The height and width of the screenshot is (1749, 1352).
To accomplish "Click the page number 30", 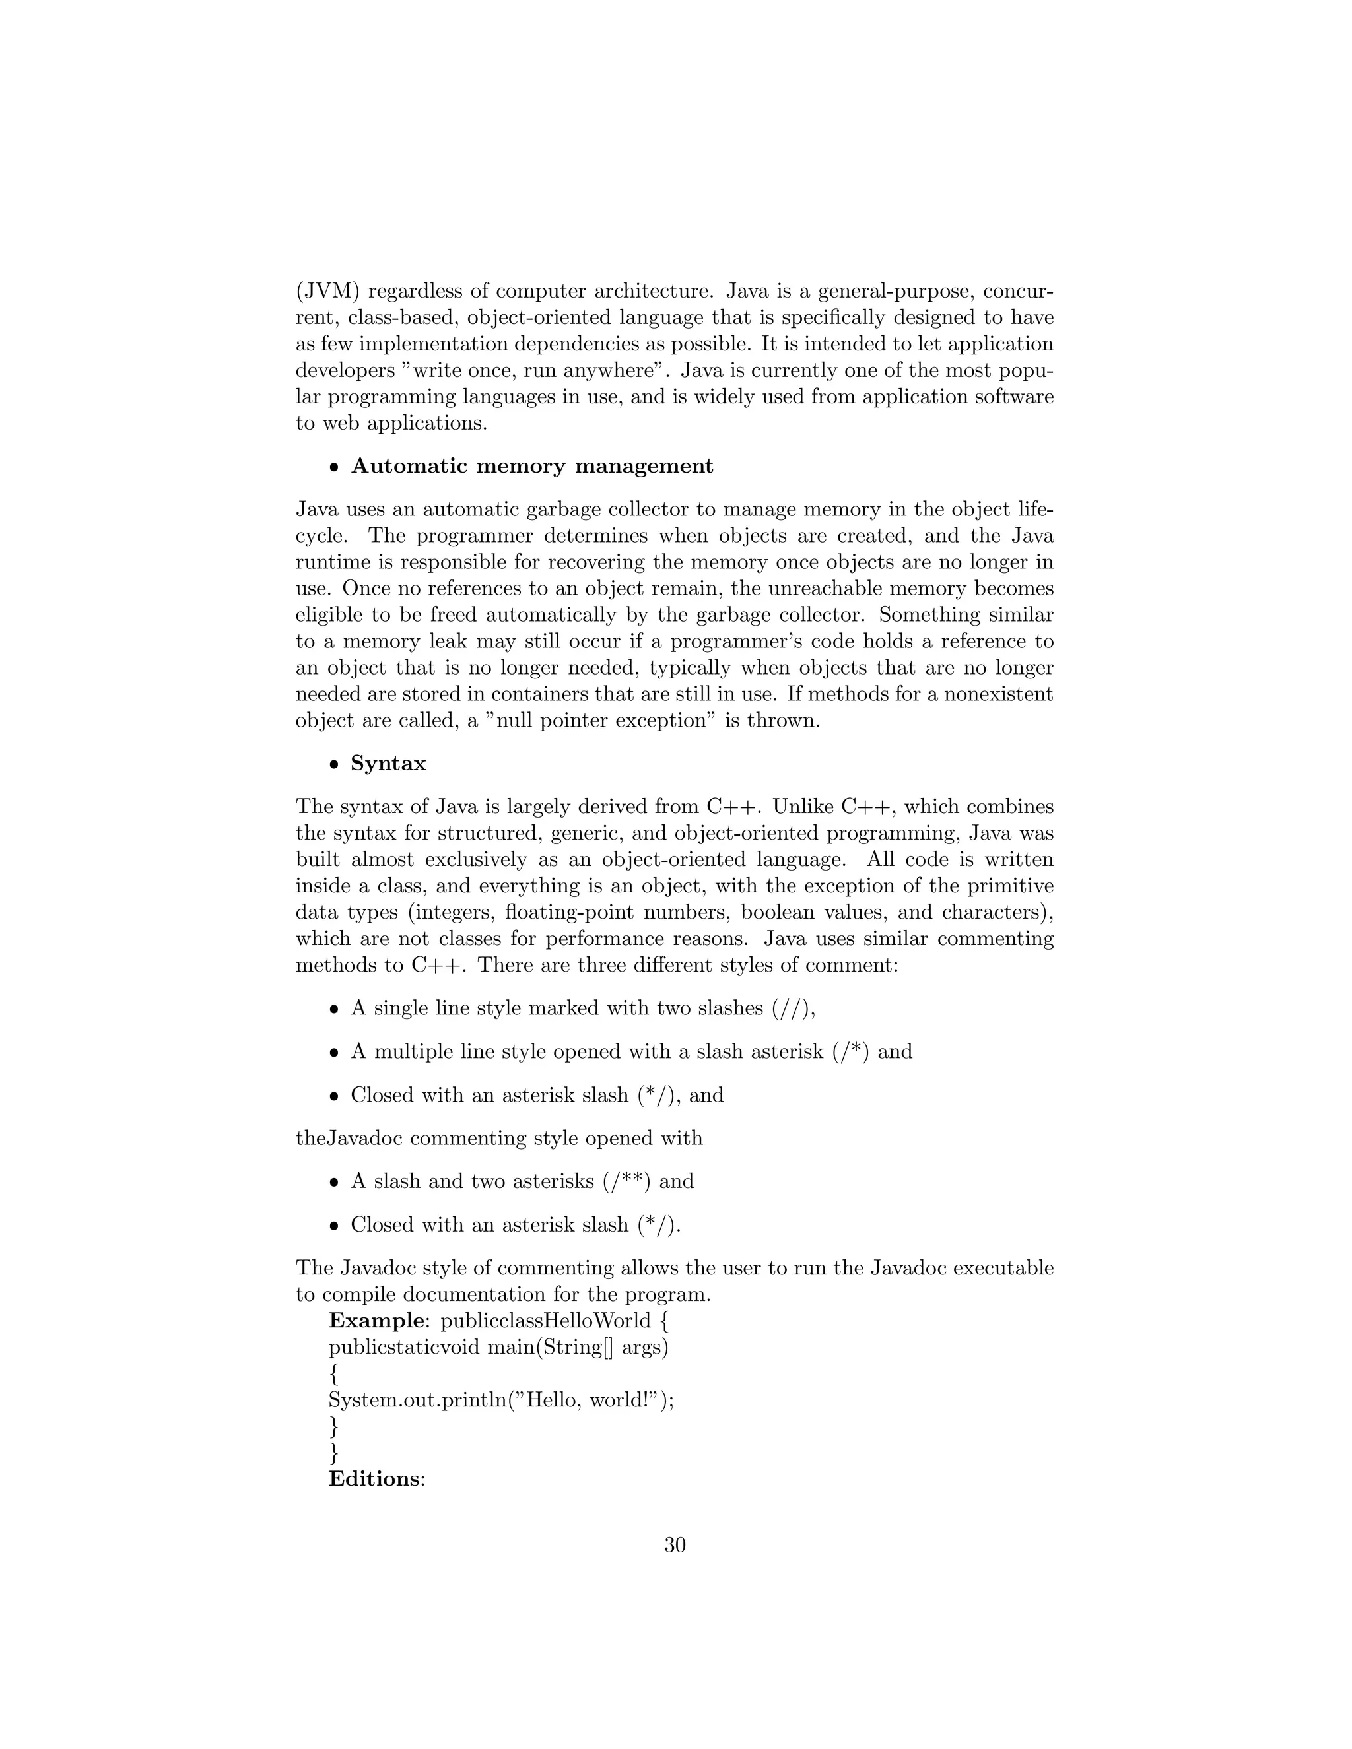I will (675, 1545).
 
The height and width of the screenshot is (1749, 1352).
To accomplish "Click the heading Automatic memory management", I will (532, 466).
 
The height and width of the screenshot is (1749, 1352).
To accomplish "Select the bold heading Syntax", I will (388, 763).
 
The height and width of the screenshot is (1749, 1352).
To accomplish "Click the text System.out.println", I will (417, 1400).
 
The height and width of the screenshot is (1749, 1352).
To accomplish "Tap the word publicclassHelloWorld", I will (546, 1320).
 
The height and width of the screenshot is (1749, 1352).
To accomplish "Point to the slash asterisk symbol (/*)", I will (850, 1051).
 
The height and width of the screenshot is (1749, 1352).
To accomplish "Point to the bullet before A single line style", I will (335, 1010).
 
